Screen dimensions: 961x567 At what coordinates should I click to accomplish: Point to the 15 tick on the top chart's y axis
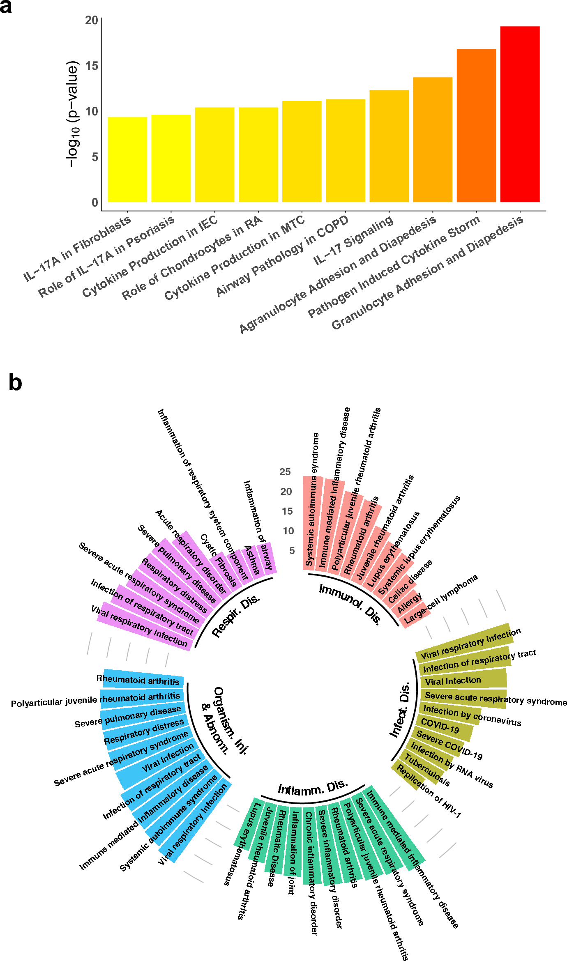click(x=92, y=66)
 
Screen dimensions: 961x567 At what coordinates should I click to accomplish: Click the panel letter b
click(x=15, y=382)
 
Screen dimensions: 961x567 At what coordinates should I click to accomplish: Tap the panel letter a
click(x=6, y=7)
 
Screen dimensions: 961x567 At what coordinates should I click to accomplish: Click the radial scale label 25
click(x=285, y=472)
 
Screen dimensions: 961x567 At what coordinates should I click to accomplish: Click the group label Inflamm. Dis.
click(x=313, y=788)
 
